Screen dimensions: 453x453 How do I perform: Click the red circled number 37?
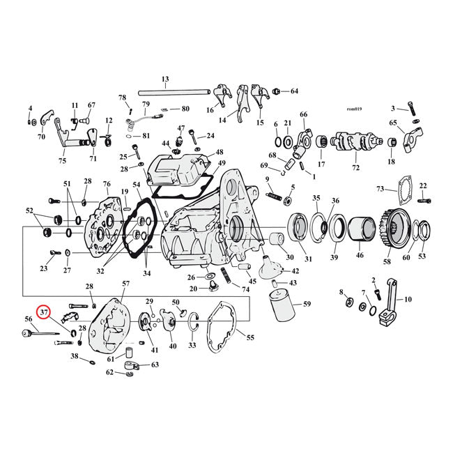tap(45, 313)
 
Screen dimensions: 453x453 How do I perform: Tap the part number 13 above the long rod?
tap(165, 79)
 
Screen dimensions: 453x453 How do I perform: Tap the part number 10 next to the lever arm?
tap(408, 300)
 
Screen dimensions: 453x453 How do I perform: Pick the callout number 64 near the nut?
tap(293, 91)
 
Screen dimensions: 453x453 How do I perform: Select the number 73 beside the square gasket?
tap(380, 189)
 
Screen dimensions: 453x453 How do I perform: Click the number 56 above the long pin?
tap(29, 318)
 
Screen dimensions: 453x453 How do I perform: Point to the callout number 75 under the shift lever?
tap(62, 160)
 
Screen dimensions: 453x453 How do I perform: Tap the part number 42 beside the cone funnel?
tap(295, 271)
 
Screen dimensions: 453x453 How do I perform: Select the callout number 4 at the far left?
tap(30, 108)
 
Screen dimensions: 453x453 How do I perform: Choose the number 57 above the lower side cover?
tap(126, 284)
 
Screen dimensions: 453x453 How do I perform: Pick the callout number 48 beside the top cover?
tap(220, 152)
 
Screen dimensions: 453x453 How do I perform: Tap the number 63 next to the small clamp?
tap(155, 364)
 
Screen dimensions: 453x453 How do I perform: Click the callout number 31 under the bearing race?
tap(309, 259)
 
